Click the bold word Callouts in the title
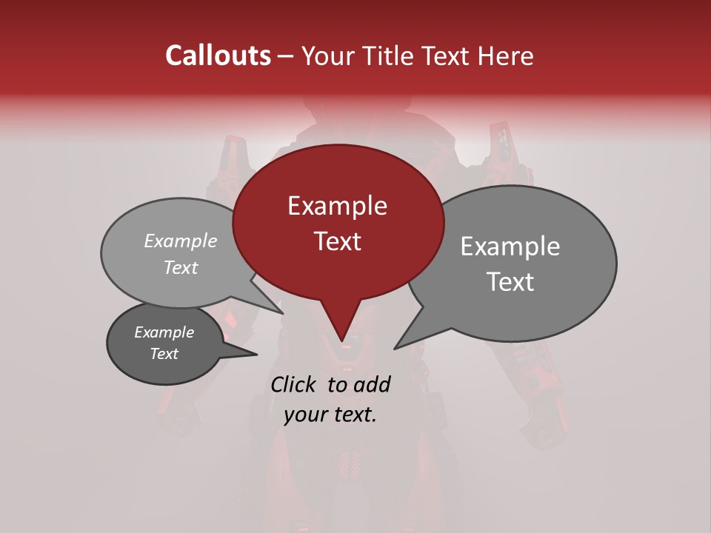(218, 56)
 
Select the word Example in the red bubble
(337, 206)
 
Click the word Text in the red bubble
(337, 241)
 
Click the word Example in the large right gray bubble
(510, 247)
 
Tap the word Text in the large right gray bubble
(510, 282)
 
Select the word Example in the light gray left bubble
(181, 241)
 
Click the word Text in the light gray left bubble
(181, 268)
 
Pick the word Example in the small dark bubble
(164, 332)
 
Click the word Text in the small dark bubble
(164, 354)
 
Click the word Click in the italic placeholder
(295, 384)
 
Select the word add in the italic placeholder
(372, 384)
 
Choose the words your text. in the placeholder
(330, 415)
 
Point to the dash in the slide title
(287, 56)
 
